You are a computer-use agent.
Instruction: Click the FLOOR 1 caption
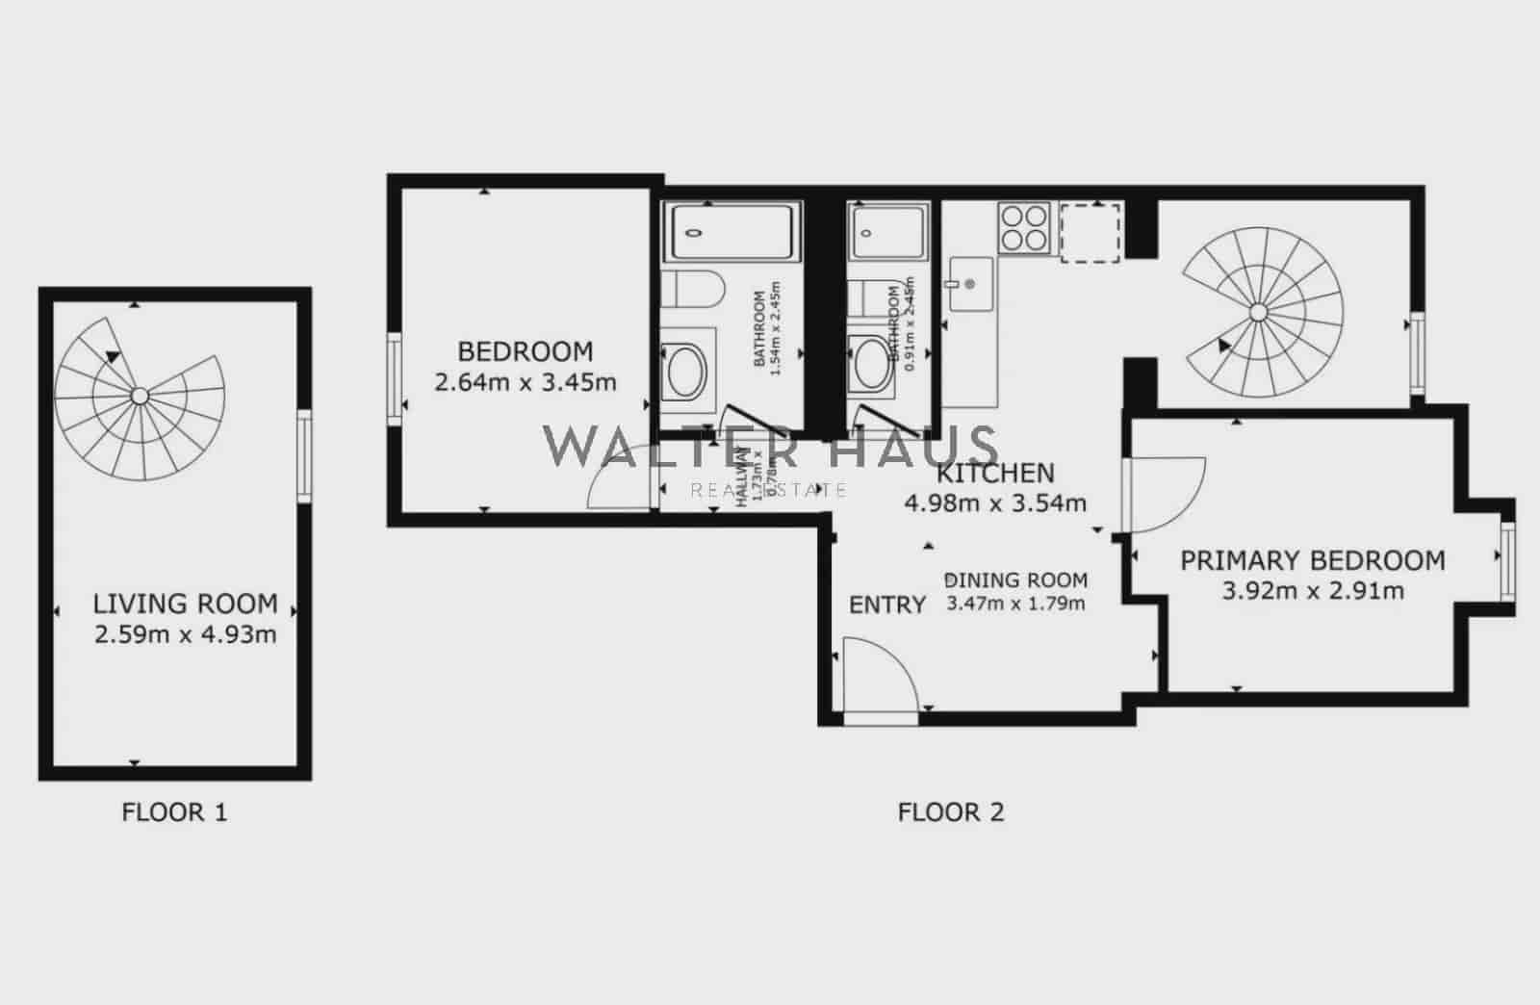tap(174, 812)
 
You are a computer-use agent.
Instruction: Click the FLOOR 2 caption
tap(950, 812)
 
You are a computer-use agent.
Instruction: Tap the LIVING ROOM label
tap(185, 605)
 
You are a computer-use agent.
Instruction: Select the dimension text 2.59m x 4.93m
tap(185, 634)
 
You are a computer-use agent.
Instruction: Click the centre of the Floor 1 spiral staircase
tap(140, 396)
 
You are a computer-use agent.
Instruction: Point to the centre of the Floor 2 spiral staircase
tap(1258, 311)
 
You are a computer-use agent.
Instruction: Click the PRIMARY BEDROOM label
tap(1312, 560)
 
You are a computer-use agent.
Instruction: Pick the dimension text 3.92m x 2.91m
tap(1312, 590)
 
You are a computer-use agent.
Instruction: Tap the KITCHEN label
tap(995, 473)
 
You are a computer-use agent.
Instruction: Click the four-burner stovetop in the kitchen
tap(1024, 228)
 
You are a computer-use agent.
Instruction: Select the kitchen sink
tap(970, 284)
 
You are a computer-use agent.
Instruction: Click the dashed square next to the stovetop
tap(1091, 232)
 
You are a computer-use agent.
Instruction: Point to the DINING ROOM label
tap(1016, 580)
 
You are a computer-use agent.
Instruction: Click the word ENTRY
tap(886, 605)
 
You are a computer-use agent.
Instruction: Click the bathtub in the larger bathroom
tap(732, 231)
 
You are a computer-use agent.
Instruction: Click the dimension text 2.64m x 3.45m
tap(526, 382)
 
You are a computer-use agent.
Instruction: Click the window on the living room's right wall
tap(304, 456)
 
